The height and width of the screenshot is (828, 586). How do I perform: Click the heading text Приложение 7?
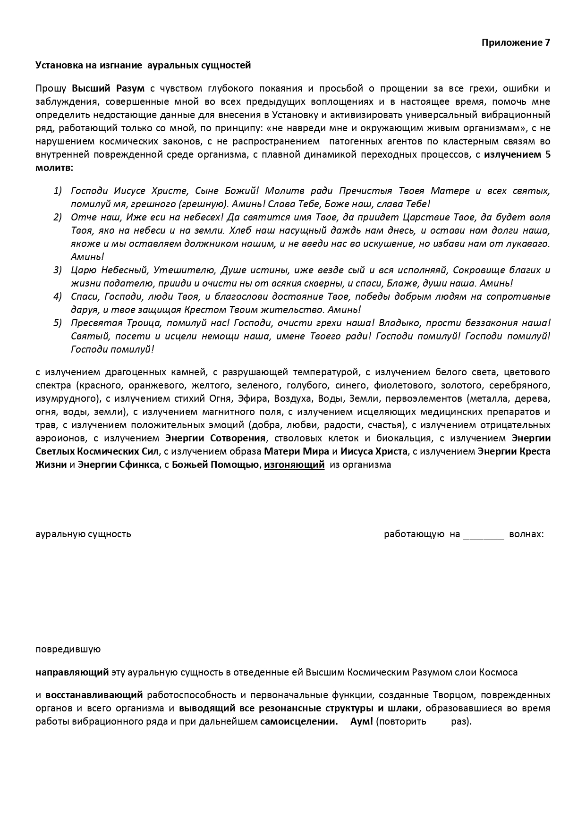click(x=516, y=42)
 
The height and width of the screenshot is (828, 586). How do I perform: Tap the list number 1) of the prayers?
click(x=58, y=191)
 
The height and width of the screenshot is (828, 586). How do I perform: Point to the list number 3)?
click(x=58, y=270)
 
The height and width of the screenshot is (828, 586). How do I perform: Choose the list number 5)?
click(x=58, y=323)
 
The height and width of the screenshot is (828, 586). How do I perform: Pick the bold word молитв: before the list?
click(x=54, y=168)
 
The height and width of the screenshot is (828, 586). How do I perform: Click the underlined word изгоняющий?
click(x=294, y=464)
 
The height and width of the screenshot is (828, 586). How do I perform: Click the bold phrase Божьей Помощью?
click(x=215, y=464)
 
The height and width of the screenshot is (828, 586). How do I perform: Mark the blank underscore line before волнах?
click(x=484, y=535)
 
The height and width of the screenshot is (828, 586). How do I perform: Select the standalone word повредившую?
click(x=68, y=649)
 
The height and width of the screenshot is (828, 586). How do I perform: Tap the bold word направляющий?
click(x=72, y=672)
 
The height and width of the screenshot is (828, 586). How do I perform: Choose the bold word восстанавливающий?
click(x=94, y=695)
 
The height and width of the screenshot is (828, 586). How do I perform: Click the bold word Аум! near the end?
click(x=362, y=721)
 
